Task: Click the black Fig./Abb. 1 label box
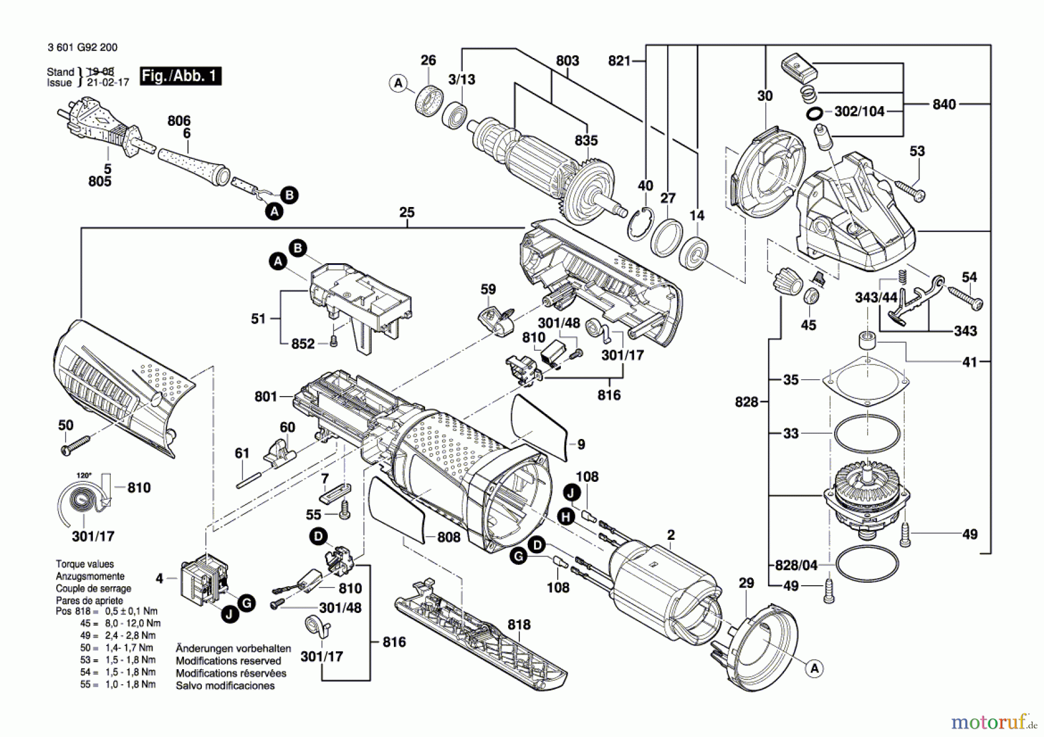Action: click(x=180, y=76)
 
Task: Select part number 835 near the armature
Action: click(x=586, y=141)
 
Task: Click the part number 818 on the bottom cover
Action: click(x=519, y=625)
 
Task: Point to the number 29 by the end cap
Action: click(x=746, y=583)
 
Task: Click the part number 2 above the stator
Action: click(x=670, y=535)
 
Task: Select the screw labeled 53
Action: click(x=909, y=191)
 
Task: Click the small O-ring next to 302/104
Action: click(x=814, y=113)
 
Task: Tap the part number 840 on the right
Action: click(x=944, y=104)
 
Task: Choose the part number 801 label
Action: click(x=266, y=397)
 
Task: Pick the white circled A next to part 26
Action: click(x=398, y=83)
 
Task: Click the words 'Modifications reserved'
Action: click(x=228, y=661)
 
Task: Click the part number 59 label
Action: click(x=488, y=289)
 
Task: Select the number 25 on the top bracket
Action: click(x=407, y=212)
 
